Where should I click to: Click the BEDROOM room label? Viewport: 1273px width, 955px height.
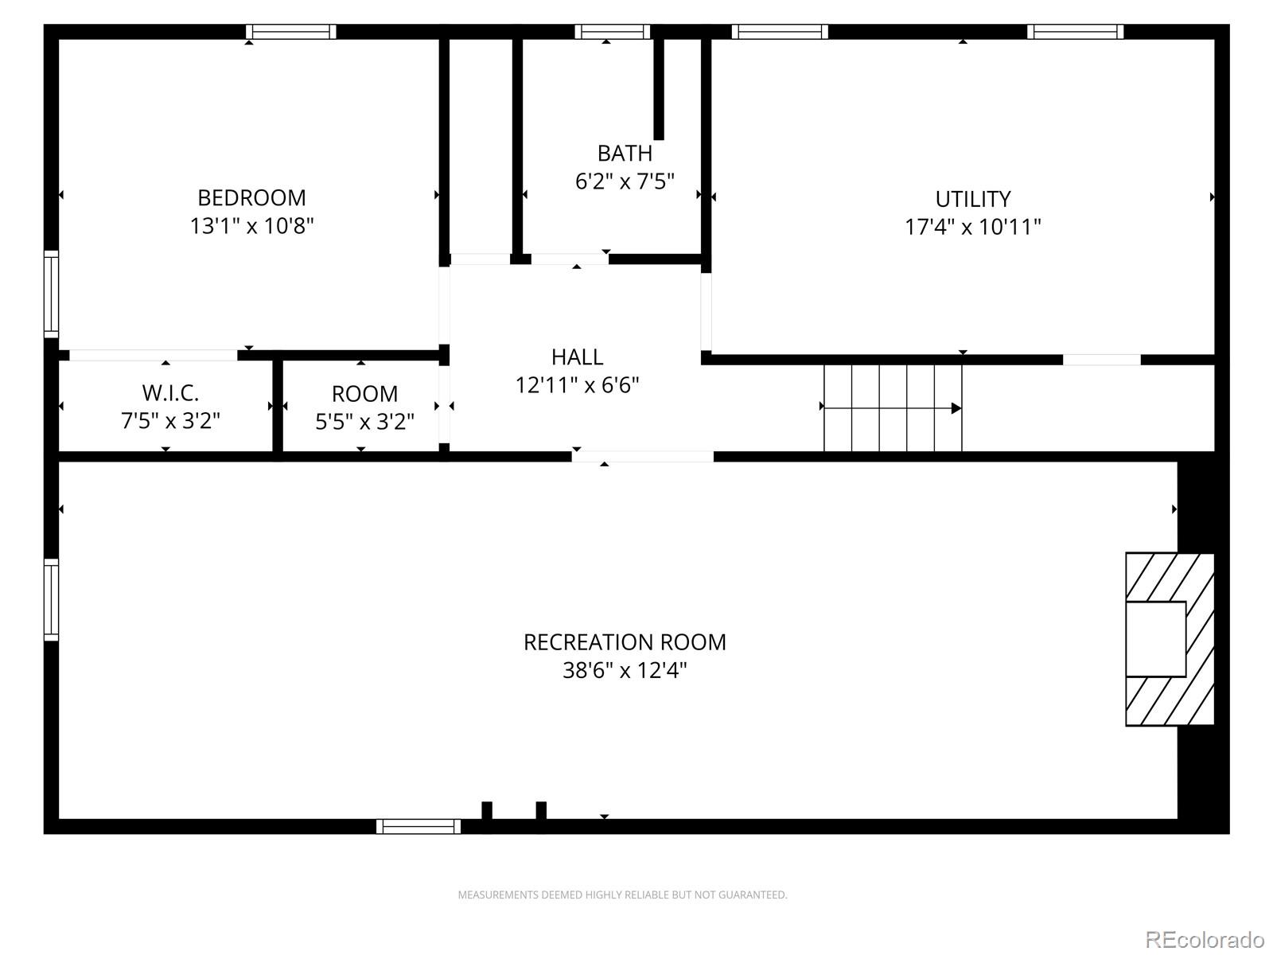[251, 197]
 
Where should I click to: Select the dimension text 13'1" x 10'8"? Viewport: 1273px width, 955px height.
[251, 226]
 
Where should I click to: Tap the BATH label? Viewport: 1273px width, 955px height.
[625, 153]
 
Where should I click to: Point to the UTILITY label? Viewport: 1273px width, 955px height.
[972, 199]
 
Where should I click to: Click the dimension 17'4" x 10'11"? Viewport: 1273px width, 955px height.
[972, 227]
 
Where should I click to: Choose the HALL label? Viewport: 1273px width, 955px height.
[577, 357]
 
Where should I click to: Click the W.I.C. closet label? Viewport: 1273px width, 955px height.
[170, 392]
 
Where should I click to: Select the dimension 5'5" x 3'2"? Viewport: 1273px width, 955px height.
[364, 422]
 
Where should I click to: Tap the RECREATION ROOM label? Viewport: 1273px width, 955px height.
[625, 642]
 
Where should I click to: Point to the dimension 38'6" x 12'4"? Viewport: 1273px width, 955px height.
[625, 670]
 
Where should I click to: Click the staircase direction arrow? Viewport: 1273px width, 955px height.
[956, 408]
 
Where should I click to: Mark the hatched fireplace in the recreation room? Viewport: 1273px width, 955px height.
[1170, 639]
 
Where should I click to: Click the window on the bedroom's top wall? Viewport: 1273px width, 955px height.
[290, 32]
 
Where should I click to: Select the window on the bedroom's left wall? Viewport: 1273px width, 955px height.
[51, 294]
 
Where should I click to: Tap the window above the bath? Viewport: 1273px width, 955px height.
[613, 32]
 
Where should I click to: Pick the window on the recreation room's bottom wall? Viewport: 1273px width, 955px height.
[418, 826]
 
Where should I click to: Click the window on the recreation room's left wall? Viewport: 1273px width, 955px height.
[51, 599]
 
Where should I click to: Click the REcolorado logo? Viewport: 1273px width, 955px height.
[1205, 940]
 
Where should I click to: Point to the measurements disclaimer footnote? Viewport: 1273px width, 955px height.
[622, 895]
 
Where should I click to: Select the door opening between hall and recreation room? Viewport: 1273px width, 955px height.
[642, 457]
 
